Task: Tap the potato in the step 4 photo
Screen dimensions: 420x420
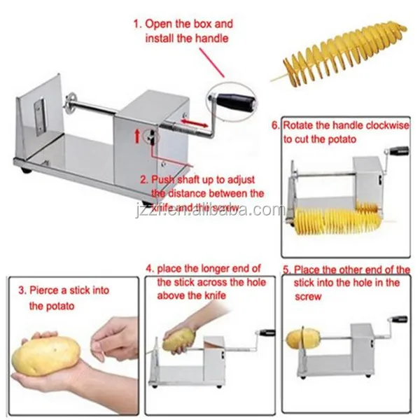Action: [x=175, y=342]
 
